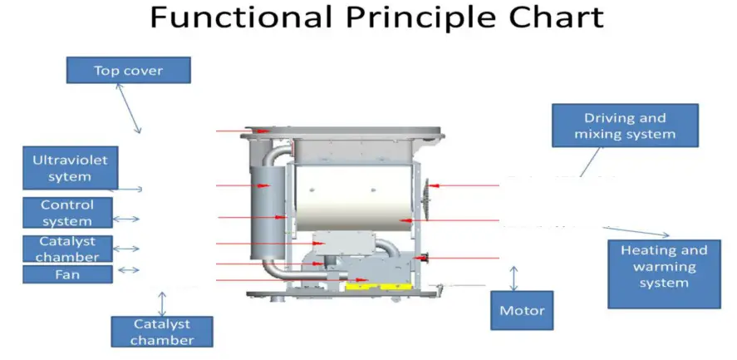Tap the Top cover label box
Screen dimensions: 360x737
click(x=128, y=70)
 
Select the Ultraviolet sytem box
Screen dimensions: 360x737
click(x=70, y=168)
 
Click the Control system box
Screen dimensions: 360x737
click(x=67, y=212)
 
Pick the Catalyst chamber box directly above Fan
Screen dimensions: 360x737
click(x=67, y=249)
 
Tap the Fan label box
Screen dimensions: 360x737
click(x=67, y=274)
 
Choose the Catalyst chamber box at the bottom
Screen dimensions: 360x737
click(x=161, y=331)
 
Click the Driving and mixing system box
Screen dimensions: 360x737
click(x=625, y=126)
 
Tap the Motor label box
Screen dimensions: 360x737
click(x=522, y=310)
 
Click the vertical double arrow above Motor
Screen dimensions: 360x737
click(x=513, y=278)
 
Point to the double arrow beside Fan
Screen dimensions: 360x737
click(x=128, y=270)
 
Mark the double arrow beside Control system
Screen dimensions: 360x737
click(x=126, y=219)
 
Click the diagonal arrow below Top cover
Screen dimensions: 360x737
click(x=128, y=108)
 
